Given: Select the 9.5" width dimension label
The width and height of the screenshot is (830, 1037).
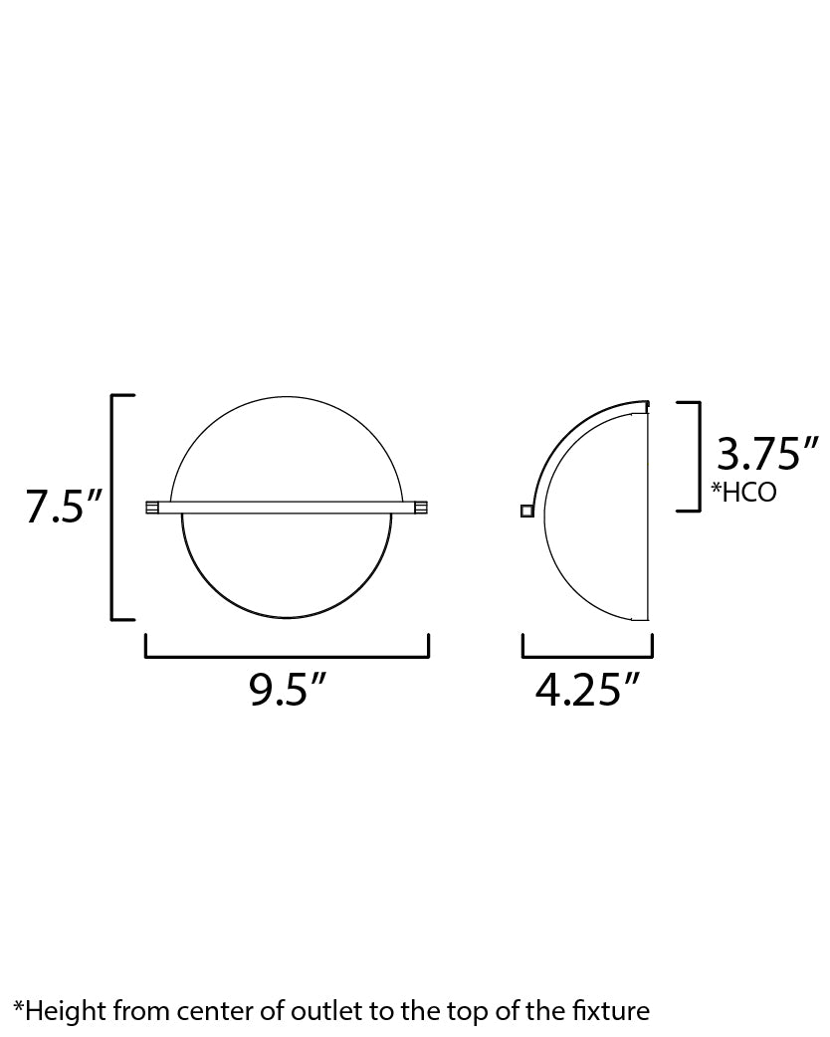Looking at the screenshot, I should [x=288, y=690].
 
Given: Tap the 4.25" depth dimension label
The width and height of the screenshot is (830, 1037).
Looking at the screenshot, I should [x=587, y=690].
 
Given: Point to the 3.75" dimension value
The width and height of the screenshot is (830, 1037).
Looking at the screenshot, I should [x=767, y=455].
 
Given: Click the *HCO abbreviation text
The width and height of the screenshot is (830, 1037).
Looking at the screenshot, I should [x=743, y=492].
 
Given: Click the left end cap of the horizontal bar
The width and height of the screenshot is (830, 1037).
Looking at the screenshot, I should [x=152, y=508].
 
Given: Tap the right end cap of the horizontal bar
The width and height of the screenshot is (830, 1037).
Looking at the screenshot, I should [x=421, y=508].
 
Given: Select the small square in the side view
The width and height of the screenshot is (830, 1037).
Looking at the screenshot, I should [x=526, y=512].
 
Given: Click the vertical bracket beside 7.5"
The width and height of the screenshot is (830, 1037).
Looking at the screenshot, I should [x=112, y=507].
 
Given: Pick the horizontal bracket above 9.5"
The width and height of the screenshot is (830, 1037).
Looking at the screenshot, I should [x=287, y=656].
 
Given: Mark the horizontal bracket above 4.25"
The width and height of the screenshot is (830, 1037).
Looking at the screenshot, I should [x=587, y=656].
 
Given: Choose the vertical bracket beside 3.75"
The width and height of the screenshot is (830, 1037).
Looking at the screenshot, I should [x=699, y=456].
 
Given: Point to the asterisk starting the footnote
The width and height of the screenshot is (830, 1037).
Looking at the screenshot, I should [x=18, y=1007].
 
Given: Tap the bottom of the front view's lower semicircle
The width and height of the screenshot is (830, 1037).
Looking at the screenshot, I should [x=287, y=618].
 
